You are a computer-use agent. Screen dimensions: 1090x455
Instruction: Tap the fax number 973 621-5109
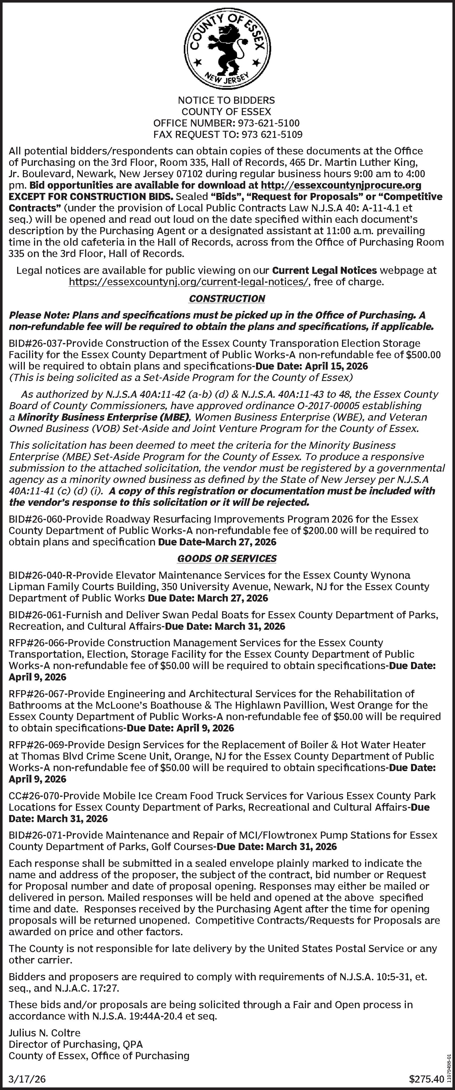pyautogui.click(x=272, y=135)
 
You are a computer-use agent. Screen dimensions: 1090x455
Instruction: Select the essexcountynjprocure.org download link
pyautogui.click(x=341, y=185)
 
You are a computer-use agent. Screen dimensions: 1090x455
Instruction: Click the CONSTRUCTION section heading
pyautogui.click(x=227, y=299)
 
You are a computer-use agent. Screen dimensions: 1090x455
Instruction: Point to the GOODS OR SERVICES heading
pyautogui.click(x=227, y=559)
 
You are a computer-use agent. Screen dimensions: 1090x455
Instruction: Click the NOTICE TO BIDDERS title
pyautogui.click(x=226, y=100)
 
